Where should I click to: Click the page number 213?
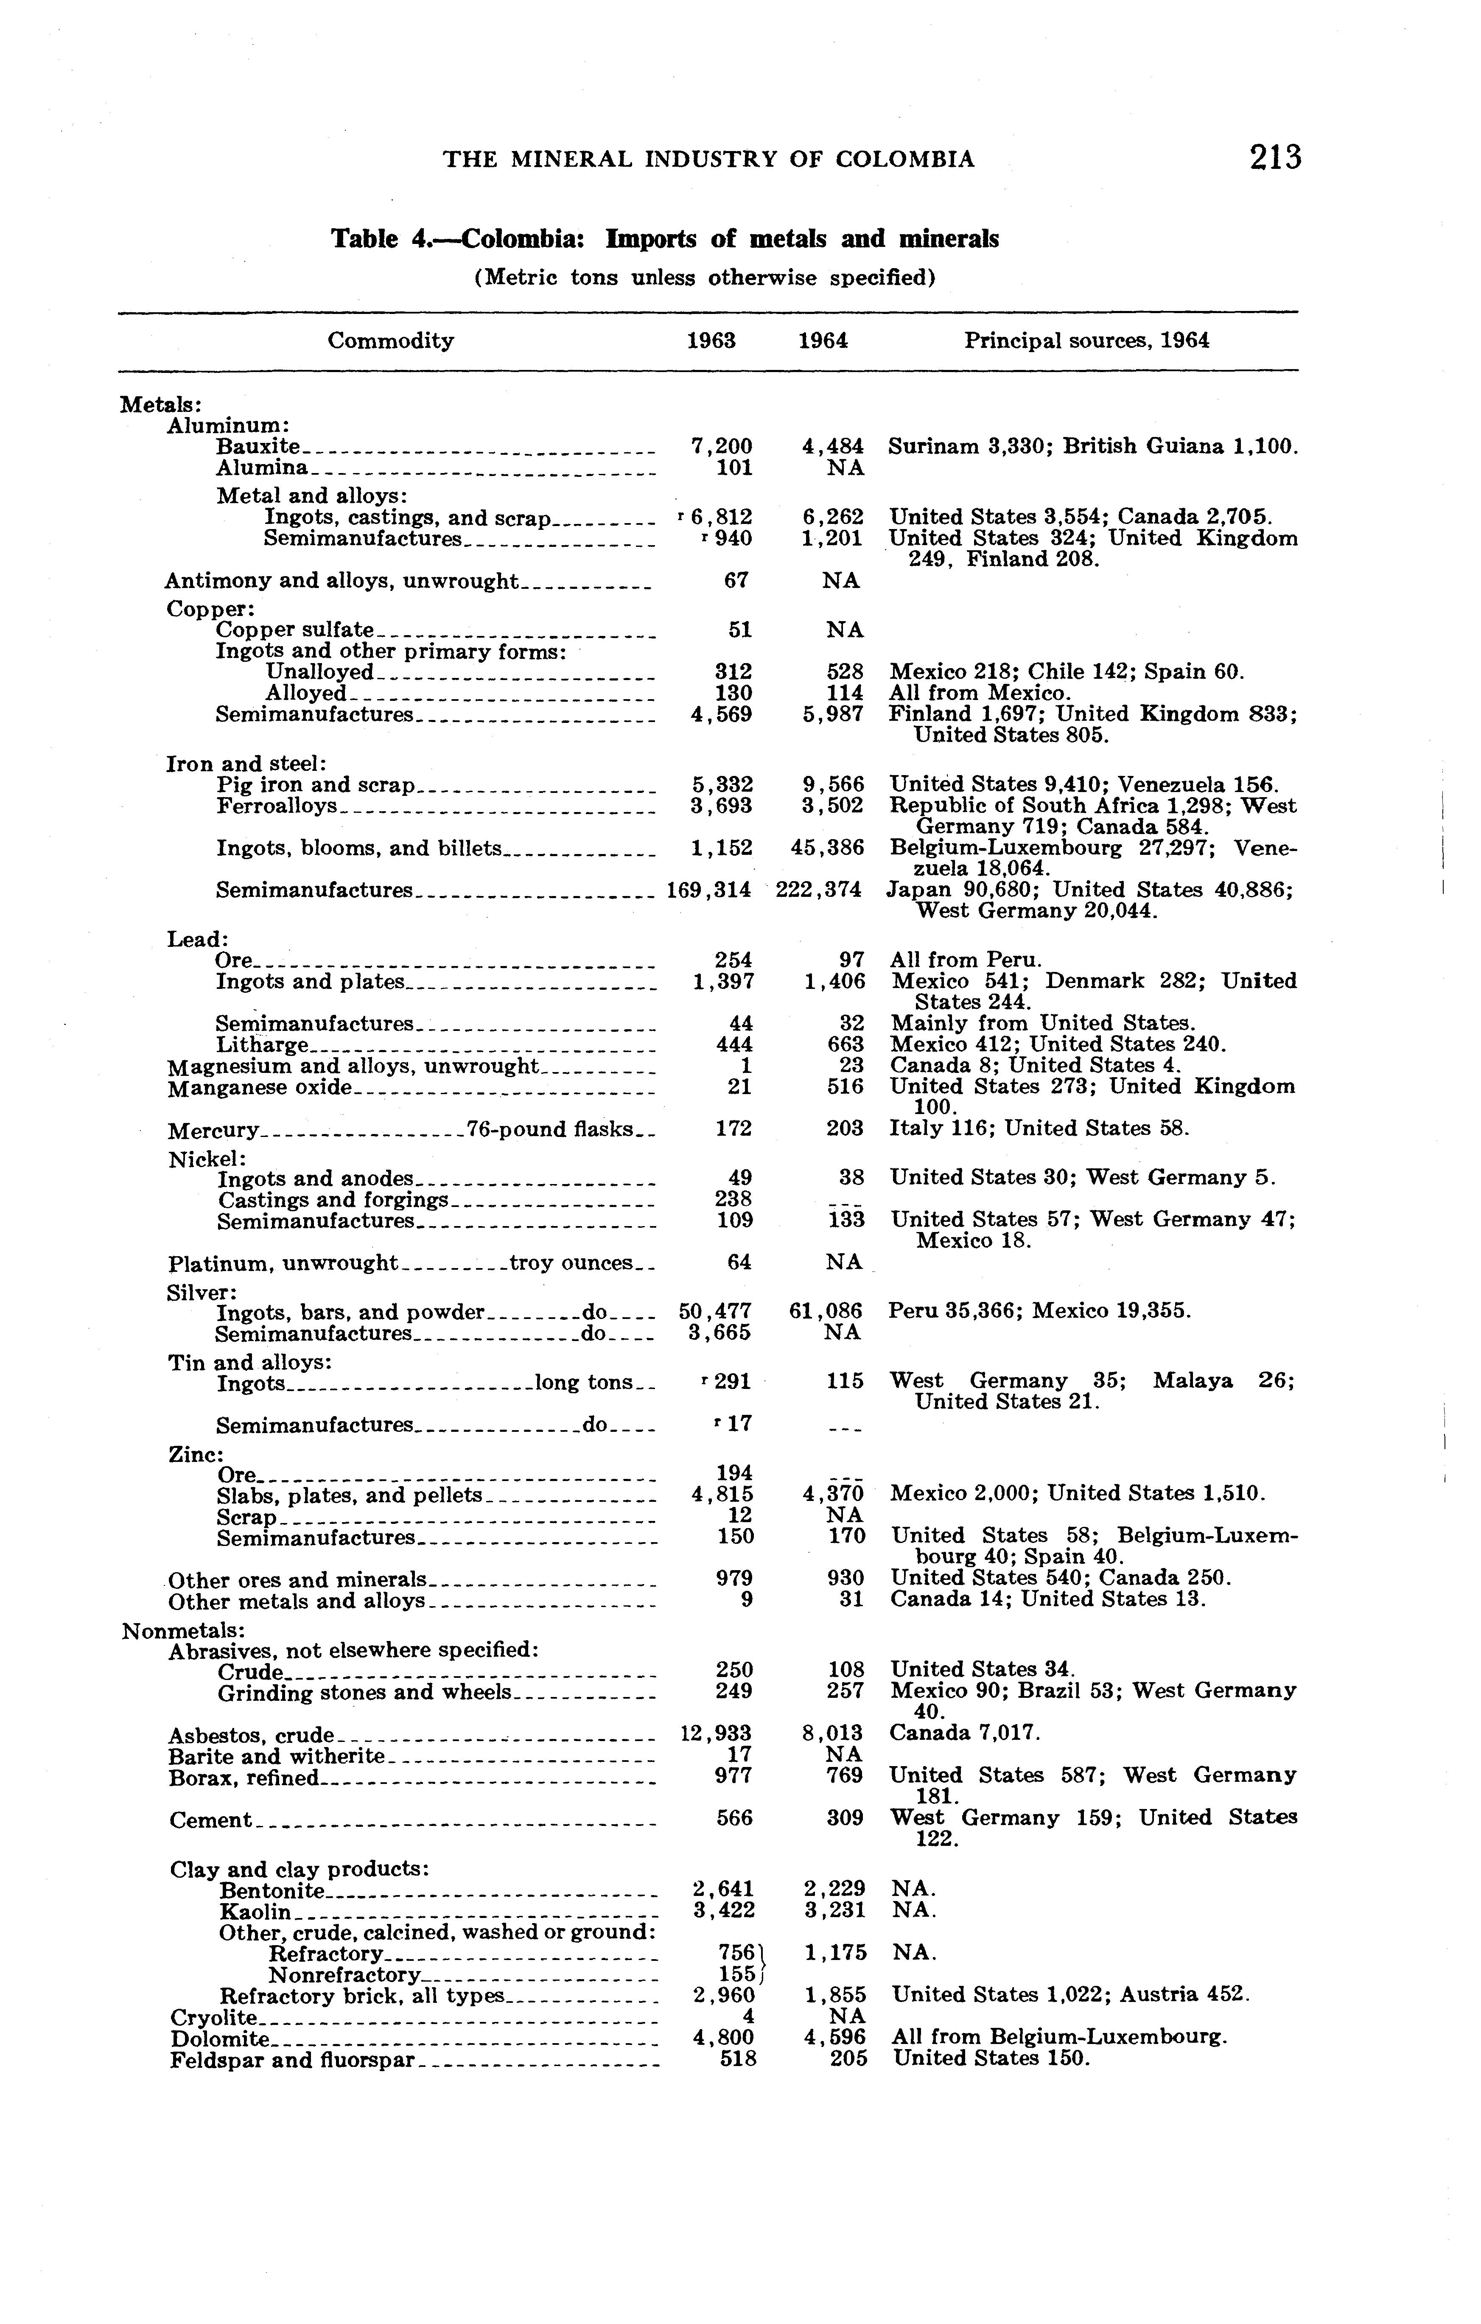1274,157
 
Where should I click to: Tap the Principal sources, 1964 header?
1086,341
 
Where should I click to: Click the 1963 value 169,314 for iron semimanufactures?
709,890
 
